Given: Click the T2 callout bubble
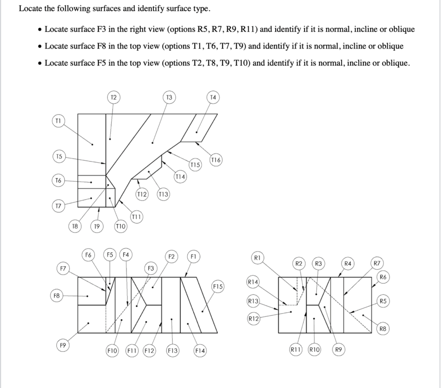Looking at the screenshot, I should tap(113, 97).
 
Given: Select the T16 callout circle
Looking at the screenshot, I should tap(216, 160).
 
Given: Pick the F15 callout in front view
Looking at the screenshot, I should tap(217, 286).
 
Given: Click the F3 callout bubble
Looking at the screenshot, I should tap(151, 268).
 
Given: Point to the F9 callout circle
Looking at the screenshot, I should tap(63, 345).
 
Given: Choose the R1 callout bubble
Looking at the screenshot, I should tap(257, 258).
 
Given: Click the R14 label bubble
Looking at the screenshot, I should tap(253, 282).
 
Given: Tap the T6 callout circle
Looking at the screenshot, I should tap(59, 180).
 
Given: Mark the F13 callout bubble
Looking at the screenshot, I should tap(172, 351).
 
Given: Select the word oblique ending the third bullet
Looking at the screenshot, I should tap(394, 63).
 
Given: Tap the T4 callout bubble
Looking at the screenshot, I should tap(213, 97).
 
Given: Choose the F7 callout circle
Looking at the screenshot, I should tap(63, 269).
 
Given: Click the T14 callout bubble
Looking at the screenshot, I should tap(180, 176).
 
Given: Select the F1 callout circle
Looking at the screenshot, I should tap(193, 257).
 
